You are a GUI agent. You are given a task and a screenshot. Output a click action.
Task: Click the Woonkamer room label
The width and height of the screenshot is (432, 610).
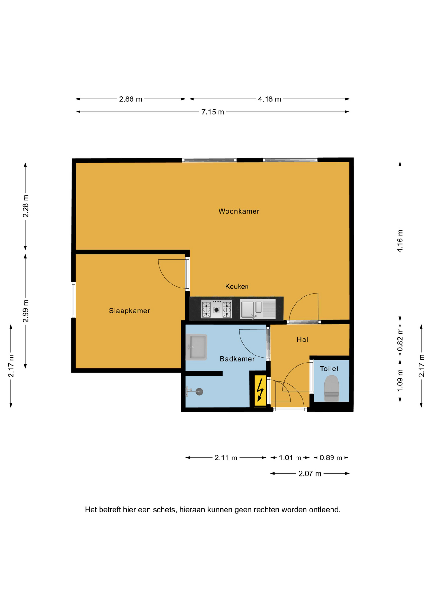tap(239, 211)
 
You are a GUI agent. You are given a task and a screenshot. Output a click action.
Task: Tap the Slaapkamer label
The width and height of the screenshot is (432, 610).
tap(129, 311)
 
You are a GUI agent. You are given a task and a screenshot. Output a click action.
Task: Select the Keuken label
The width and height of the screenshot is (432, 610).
tap(237, 286)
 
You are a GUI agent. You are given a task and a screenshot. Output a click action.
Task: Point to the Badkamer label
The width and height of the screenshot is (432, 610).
tap(237, 359)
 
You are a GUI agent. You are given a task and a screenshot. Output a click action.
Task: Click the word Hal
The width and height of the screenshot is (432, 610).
tap(302, 339)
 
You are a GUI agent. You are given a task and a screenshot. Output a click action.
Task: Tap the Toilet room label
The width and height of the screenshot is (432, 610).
tap(329, 369)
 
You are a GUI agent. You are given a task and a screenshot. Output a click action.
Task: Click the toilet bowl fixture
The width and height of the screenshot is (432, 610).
tap(331, 388)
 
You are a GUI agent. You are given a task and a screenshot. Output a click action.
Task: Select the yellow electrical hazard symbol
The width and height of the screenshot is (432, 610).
tap(260, 390)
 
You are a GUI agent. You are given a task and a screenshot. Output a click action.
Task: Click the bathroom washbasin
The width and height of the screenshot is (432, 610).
tap(197, 347)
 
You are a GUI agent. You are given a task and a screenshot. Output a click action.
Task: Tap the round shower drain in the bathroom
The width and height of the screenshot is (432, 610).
tap(199, 392)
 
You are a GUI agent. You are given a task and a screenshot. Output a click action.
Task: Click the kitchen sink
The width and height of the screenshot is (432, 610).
tap(258, 309)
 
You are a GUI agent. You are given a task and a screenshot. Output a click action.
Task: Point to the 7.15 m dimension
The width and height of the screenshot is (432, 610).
tap(213, 112)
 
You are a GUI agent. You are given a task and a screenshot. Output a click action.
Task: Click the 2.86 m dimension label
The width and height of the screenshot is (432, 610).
tap(130, 99)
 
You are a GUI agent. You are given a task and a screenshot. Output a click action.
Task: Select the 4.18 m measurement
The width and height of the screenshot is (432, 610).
tap(269, 99)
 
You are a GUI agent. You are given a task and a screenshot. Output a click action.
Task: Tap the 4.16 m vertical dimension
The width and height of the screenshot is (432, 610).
tap(400, 241)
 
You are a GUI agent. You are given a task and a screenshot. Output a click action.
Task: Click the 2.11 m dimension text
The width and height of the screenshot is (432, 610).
tap(226, 458)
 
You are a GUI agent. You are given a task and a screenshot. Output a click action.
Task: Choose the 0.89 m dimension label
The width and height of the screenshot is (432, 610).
tap(331, 458)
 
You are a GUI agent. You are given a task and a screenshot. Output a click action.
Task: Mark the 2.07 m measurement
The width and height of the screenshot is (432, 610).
tap(310, 474)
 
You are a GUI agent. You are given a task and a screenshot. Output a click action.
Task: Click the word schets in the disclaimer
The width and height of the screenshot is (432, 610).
tap(164, 510)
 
